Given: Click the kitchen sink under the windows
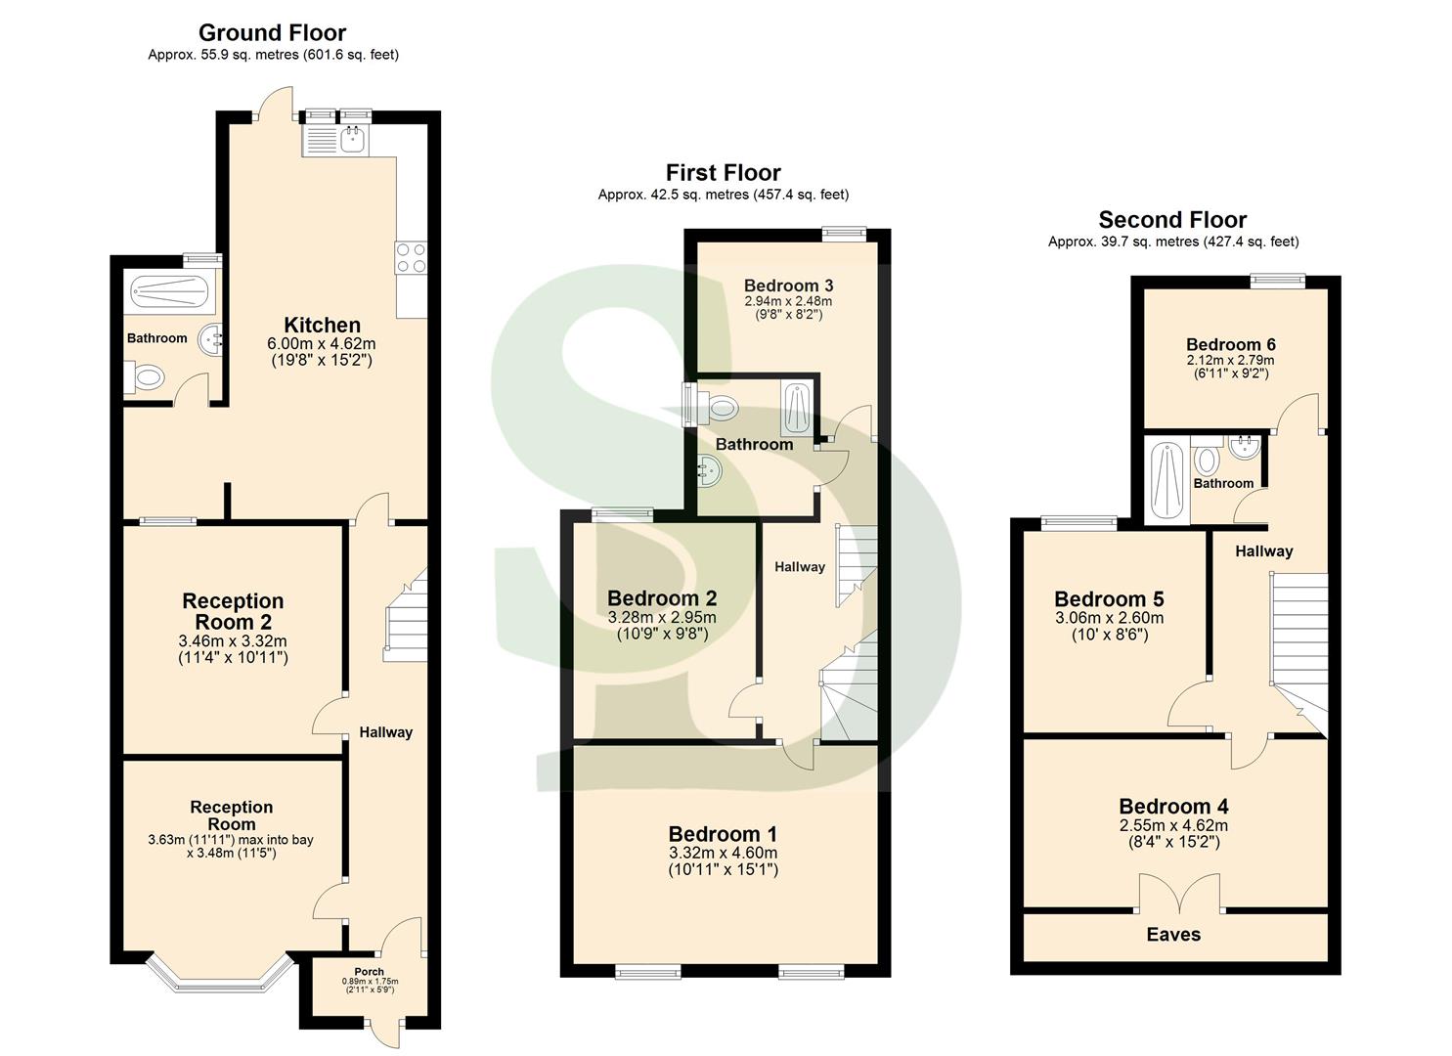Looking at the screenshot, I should (x=350, y=141).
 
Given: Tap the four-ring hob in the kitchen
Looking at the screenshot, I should (x=411, y=257).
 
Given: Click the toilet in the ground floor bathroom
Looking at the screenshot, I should (x=147, y=376).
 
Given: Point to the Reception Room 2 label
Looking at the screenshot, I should (x=233, y=612).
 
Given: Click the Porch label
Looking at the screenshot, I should (x=370, y=971).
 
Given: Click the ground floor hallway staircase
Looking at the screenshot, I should (x=405, y=618).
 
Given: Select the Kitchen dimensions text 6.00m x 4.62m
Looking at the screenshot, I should (x=321, y=344).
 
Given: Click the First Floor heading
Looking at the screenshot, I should (x=723, y=173).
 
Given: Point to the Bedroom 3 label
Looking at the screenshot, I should (x=788, y=286).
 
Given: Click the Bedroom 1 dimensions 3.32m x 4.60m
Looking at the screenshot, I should (x=723, y=853).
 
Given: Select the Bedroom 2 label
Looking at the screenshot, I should (x=662, y=598).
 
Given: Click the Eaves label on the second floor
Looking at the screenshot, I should (x=1172, y=935).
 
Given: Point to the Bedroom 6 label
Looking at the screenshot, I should (x=1230, y=344).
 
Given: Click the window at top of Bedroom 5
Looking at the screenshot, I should (x=1078, y=523).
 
